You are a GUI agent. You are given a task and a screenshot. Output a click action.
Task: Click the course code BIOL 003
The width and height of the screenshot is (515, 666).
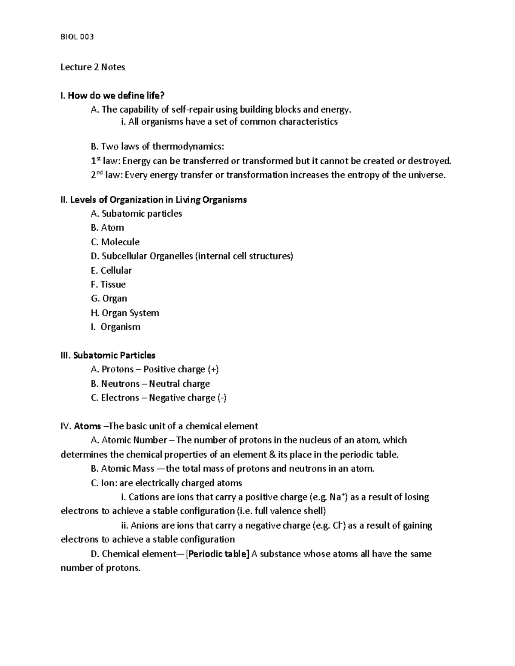pos(77,37)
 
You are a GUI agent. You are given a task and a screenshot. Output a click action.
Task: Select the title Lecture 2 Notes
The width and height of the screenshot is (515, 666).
pos(93,67)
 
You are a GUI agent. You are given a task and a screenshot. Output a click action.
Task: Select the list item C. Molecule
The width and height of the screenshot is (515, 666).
pos(115,242)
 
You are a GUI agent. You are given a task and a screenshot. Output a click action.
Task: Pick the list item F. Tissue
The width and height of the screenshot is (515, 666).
pos(108,284)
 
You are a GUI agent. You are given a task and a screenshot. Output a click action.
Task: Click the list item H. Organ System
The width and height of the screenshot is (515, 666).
pos(125,313)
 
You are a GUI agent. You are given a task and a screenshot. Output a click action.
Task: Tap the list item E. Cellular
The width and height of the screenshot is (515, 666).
pos(111,270)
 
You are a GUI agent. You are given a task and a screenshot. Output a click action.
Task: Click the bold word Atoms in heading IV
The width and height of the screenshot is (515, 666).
pos(88,426)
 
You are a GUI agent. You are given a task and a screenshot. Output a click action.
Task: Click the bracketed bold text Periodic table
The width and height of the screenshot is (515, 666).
pos(218,554)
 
